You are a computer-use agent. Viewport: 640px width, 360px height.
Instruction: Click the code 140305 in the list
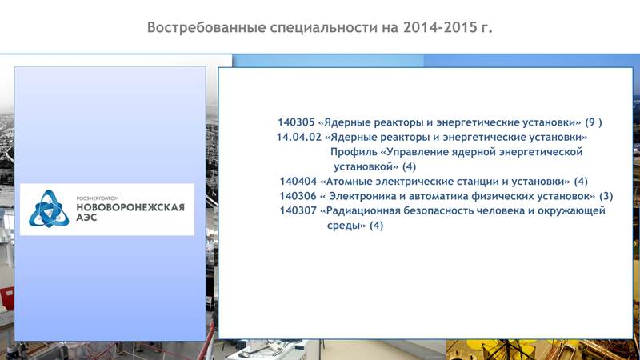coord(296,122)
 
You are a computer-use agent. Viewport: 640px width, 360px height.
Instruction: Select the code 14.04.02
coord(298,137)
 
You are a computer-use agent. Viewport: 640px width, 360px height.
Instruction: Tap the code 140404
coord(298,182)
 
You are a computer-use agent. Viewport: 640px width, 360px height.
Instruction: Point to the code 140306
coord(298,196)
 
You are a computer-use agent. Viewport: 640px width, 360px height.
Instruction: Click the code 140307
coord(298,210)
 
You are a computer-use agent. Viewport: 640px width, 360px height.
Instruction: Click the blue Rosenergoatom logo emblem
coord(49,209)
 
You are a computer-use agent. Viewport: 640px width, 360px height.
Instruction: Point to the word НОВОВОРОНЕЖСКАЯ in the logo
coord(130,207)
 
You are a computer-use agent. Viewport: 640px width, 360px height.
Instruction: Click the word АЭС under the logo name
coord(86,218)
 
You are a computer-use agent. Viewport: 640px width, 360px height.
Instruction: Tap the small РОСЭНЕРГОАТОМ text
coord(98,198)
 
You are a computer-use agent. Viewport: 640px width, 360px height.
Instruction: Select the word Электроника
coord(362,196)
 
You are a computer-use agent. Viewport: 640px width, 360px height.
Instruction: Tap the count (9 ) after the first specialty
coord(594,122)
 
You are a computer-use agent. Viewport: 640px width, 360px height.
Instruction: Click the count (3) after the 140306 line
coord(606,196)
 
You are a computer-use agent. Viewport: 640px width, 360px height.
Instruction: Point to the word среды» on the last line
coord(346,226)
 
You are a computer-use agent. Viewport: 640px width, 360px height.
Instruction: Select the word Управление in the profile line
coord(412,152)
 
